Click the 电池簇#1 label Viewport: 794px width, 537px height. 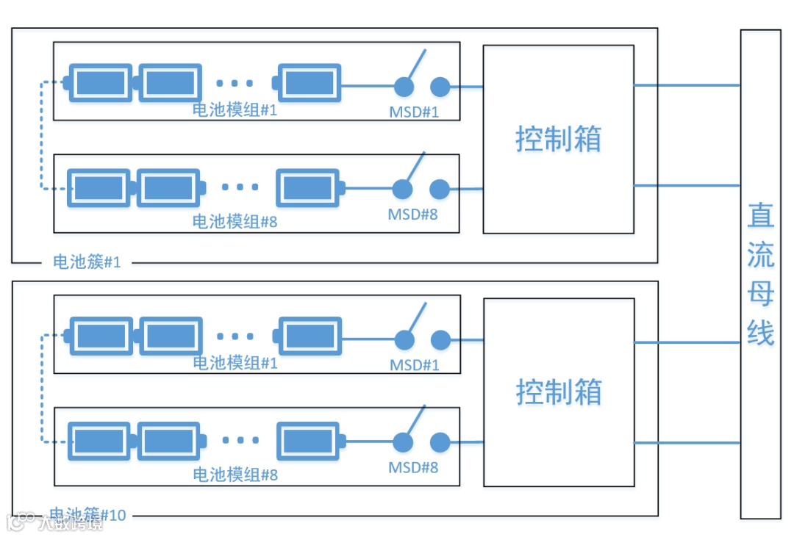click(x=87, y=262)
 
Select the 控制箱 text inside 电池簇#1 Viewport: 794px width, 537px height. click(x=558, y=139)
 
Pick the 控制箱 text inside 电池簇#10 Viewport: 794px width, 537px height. click(x=558, y=392)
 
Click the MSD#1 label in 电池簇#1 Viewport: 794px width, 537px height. click(x=414, y=112)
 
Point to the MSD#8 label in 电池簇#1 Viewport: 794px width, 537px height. click(x=413, y=215)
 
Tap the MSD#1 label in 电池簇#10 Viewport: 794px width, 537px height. click(x=415, y=365)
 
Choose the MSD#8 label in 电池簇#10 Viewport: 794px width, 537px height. click(x=414, y=467)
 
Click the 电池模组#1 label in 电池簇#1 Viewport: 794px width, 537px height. click(x=235, y=110)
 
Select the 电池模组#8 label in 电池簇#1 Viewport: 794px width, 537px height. click(x=235, y=221)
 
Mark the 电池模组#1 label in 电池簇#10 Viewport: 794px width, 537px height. click(x=235, y=363)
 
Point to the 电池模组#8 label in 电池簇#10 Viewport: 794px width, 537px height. click(x=235, y=475)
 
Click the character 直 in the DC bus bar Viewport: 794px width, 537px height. click(x=761, y=215)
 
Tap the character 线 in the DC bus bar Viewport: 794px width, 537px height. click(x=761, y=332)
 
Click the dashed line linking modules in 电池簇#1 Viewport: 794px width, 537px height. click(x=42, y=136)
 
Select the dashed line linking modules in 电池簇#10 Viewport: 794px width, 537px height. click(x=42, y=389)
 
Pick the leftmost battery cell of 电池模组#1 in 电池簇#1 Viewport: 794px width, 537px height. click(x=99, y=84)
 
